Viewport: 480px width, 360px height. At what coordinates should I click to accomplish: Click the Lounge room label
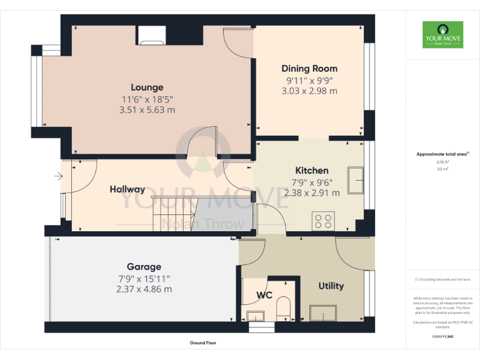pos(147,87)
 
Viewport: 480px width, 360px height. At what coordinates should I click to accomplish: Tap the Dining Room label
pos(309,69)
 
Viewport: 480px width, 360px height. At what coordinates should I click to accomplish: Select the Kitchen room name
pos(311,171)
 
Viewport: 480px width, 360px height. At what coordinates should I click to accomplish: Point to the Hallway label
pos(127,189)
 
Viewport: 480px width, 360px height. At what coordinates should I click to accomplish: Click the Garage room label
pos(144,267)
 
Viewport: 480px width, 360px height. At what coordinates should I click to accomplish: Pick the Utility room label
pos(331,286)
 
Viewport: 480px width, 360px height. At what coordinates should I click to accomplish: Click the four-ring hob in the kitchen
pos(324,220)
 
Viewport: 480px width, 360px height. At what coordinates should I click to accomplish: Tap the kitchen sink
pos(357,181)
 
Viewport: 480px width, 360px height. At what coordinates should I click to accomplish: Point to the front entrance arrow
pos(58,177)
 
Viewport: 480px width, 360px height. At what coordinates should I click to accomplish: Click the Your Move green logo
pos(442,35)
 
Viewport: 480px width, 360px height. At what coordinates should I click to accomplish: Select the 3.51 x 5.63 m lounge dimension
pos(147,110)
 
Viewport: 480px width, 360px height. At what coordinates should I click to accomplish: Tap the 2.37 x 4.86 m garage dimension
pos(144,289)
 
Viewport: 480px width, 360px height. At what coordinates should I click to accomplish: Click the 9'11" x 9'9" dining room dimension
pos(309,80)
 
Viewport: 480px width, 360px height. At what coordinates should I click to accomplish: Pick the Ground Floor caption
pos(203,343)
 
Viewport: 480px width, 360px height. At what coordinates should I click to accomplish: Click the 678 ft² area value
pos(442,162)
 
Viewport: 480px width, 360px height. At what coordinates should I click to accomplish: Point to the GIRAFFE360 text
pos(442,336)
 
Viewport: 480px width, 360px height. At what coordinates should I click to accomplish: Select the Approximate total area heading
pos(442,154)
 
